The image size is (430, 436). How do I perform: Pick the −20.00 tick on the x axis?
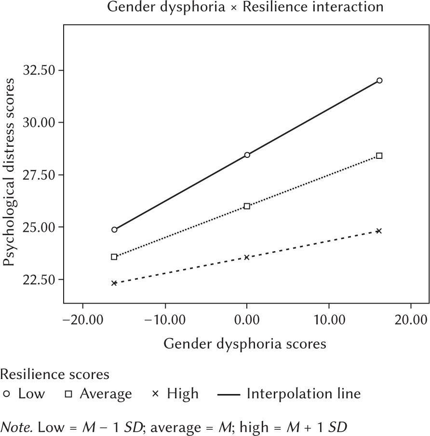(x=82, y=320)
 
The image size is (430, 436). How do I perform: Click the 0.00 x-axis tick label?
(x=247, y=320)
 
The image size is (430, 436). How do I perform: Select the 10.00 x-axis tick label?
(x=329, y=320)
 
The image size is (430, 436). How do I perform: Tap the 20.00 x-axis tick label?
(x=411, y=320)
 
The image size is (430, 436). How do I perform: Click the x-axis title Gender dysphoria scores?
(x=245, y=344)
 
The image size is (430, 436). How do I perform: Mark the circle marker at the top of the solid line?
(x=379, y=80)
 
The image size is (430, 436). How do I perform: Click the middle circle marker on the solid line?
(x=247, y=155)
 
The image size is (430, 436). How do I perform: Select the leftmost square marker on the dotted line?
(x=114, y=257)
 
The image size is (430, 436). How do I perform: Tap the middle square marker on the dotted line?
(x=247, y=206)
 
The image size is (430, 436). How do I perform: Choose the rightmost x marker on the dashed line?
(x=379, y=231)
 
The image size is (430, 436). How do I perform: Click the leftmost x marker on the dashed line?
(x=114, y=283)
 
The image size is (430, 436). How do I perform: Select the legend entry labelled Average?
(x=98, y=394)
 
